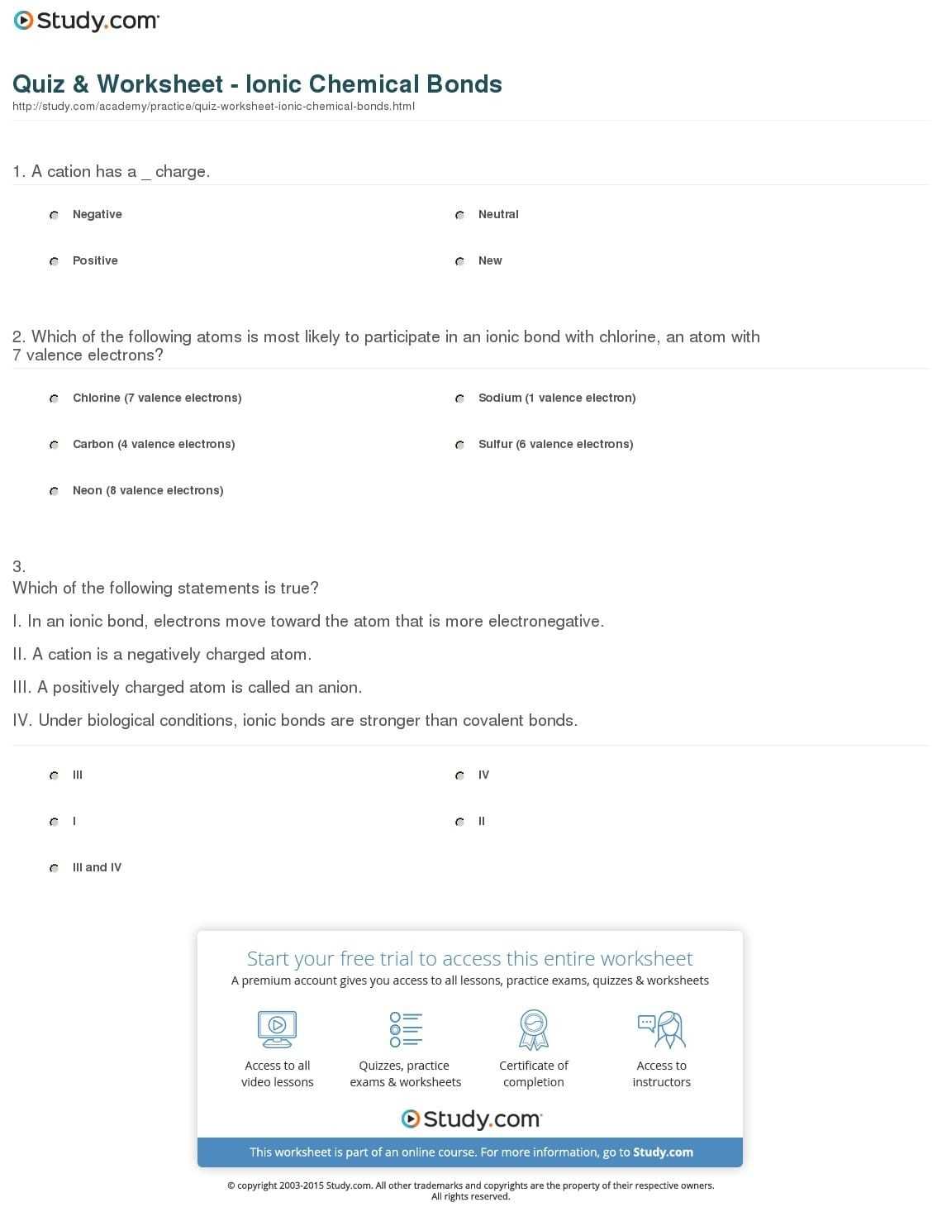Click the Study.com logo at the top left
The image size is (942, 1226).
(86, 21)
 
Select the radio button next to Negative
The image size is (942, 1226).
(54, 215)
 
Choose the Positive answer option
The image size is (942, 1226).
(54, 261)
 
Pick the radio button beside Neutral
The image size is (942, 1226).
(459, 215)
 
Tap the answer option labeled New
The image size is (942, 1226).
(459, 261)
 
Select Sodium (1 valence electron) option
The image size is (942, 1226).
(459, 398)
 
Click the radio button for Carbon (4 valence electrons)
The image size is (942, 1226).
(54, 445)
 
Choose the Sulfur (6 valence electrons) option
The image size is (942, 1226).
(459, 445)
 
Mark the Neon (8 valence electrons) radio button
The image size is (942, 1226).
(54, 491)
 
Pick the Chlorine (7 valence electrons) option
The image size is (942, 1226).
(54, 398)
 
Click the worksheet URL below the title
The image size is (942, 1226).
(213, 107)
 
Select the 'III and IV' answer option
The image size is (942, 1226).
(54, 868)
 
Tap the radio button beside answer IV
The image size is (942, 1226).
(459, 775)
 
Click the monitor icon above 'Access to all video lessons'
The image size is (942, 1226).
(277, 1029)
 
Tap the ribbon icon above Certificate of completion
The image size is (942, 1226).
(534, 1029)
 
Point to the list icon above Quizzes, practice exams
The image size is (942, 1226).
(406, 1029)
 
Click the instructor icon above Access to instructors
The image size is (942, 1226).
(661, 1029)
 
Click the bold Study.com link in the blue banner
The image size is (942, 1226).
(664, 1152)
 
